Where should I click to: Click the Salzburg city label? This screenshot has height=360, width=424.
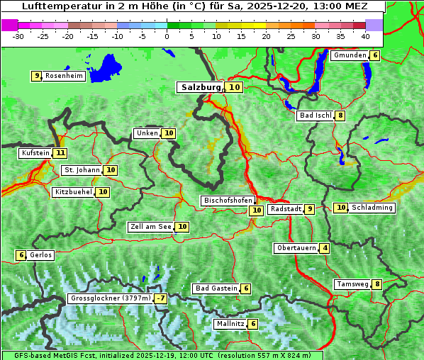(201, 87)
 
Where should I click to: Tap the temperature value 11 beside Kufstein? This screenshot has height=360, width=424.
(60, 153)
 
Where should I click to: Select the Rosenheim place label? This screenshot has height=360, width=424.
(64, 76)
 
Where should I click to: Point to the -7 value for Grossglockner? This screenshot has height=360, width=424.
(161, 298)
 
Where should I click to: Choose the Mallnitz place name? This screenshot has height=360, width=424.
(230, 324)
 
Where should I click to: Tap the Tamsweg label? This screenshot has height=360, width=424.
(352, 284)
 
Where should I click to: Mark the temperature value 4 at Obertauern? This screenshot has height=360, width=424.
(324, 248)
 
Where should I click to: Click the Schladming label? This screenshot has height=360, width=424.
(372, 208)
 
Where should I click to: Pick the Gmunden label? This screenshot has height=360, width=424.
(350, 55)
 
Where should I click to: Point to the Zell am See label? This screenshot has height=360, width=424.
(151, 227)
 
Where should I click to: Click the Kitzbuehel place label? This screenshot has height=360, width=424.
(73, 192)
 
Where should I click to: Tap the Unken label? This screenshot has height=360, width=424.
(147, 133)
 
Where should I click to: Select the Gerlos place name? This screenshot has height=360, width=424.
(41, 255)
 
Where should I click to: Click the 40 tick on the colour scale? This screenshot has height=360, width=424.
(364, 35)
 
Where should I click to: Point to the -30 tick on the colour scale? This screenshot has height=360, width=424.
(18, 35)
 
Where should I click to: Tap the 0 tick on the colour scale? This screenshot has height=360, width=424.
(167, 35)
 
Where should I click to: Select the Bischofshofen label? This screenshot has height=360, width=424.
(228, 201)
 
